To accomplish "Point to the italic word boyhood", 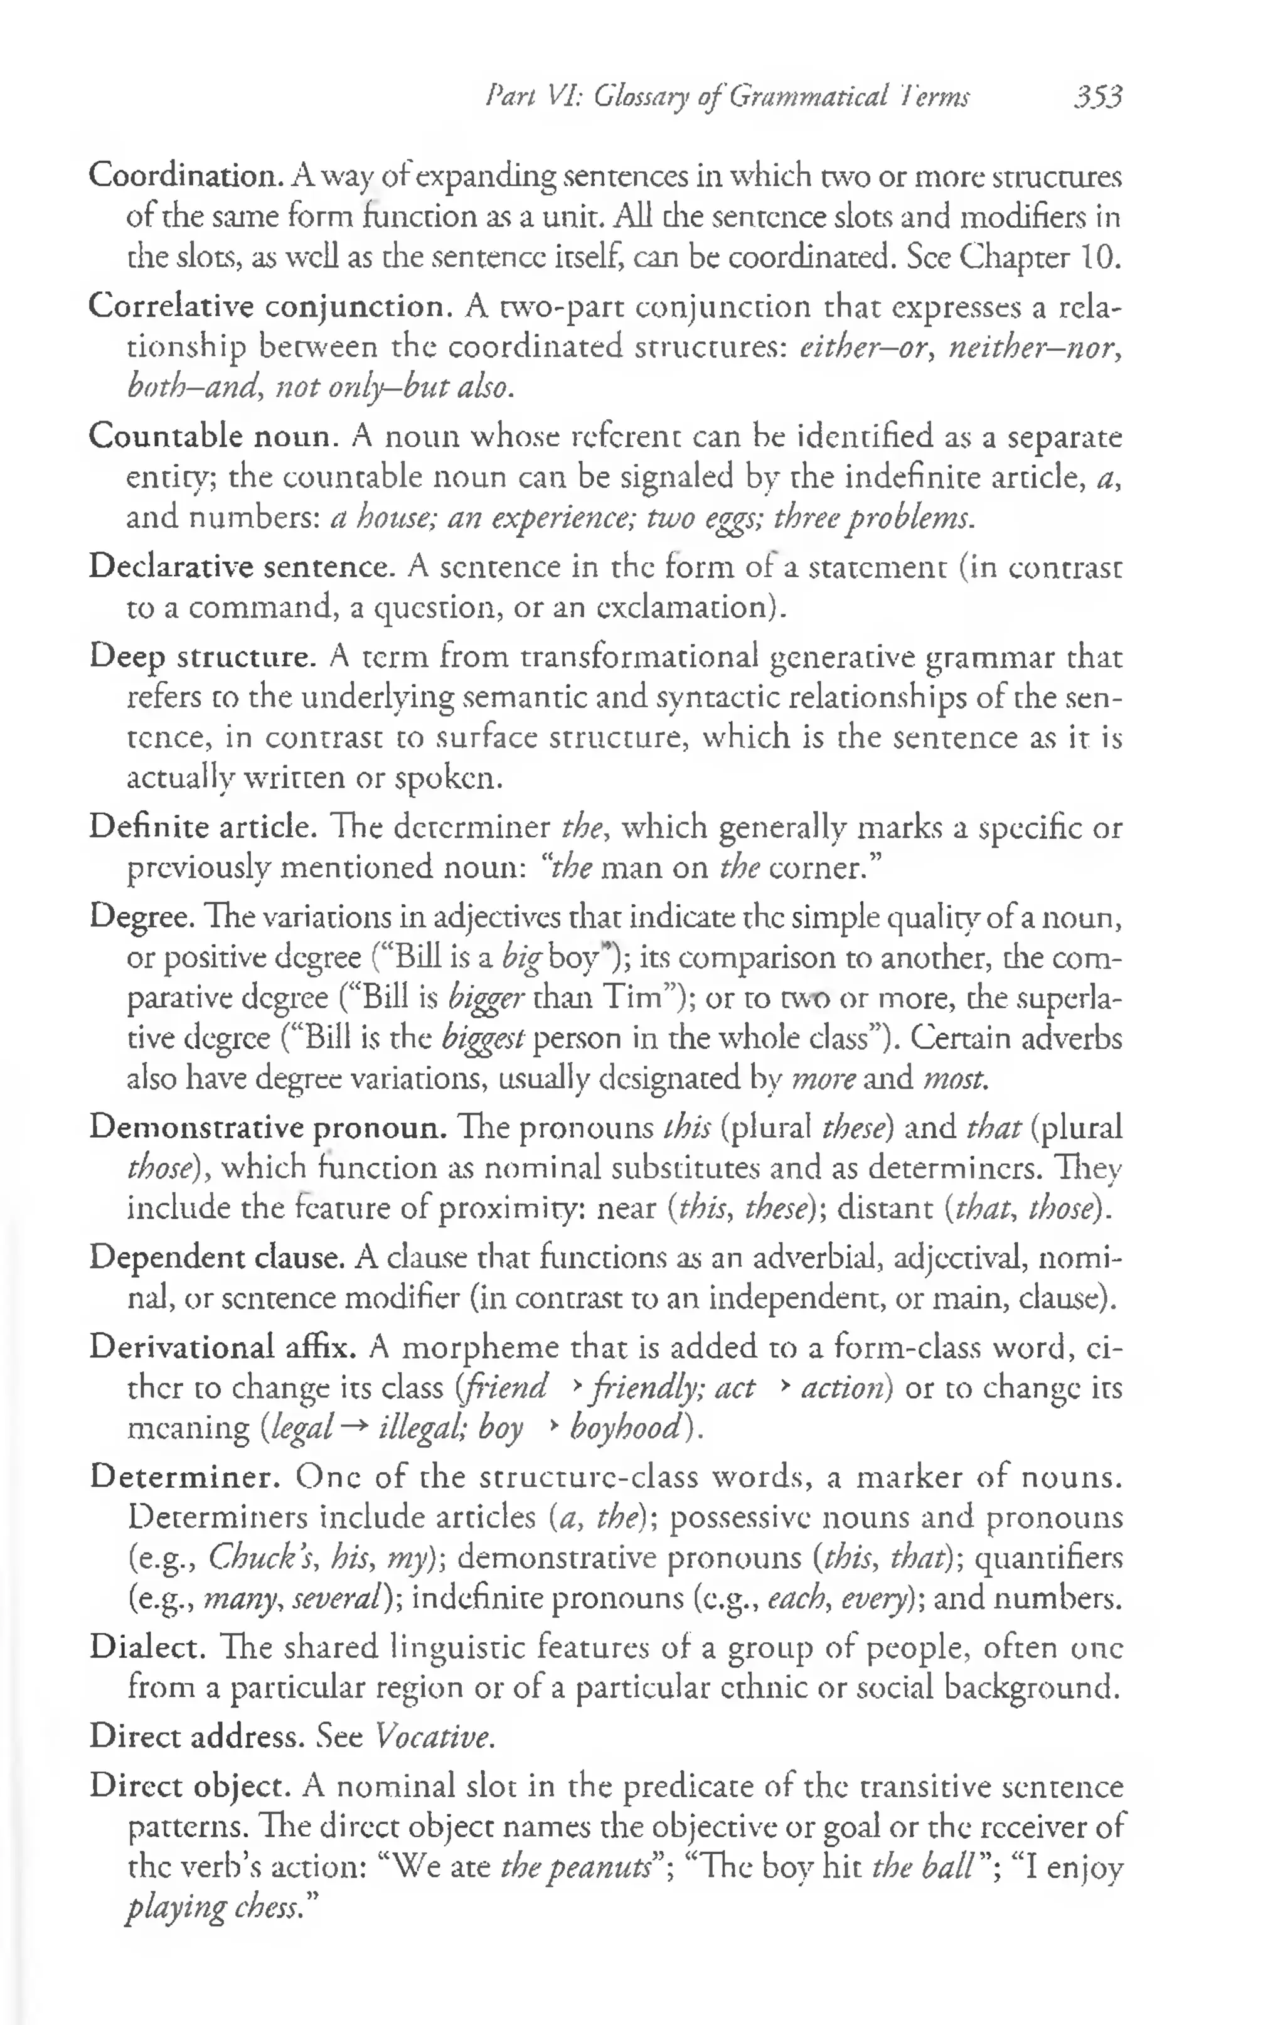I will (625, 1428).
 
